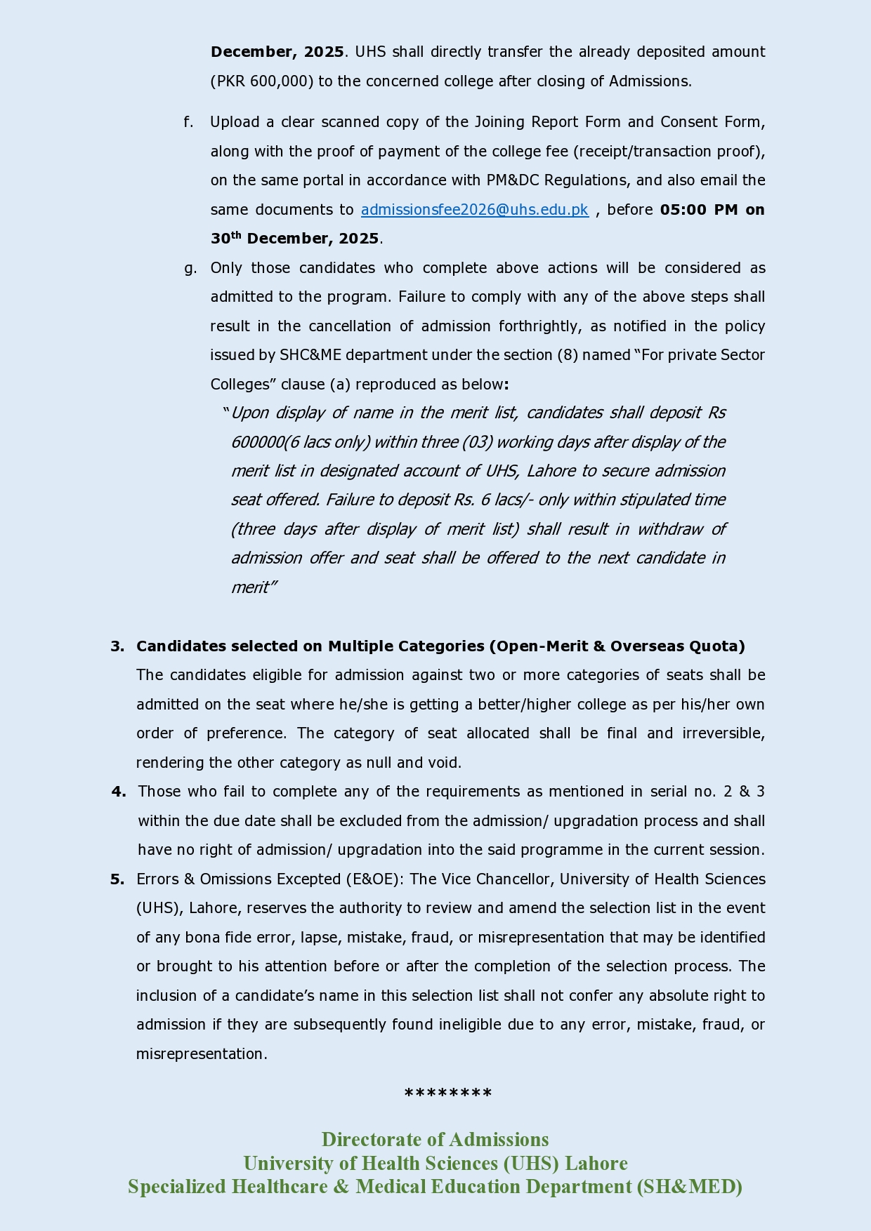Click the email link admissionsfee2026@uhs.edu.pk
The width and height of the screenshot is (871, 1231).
tap(474, 210)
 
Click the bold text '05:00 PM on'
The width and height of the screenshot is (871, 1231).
tap(712, 210)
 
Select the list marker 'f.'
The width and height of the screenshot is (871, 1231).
tap(188, 122)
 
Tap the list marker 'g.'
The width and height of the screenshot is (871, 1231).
tap(190, 268)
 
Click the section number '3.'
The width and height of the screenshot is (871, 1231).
tap(117, 646)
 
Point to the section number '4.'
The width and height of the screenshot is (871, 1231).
tap(119, 792)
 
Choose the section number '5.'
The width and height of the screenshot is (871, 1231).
tap(117, 879)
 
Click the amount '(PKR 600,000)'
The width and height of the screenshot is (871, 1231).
tap(261, 81)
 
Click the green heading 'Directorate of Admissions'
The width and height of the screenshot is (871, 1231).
tap(435, 1139)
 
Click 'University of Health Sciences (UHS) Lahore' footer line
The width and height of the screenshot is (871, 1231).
tap(435, 1163)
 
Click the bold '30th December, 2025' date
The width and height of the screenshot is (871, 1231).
tap(295, 239)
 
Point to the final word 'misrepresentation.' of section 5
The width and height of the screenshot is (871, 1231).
tap(202, 1054)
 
